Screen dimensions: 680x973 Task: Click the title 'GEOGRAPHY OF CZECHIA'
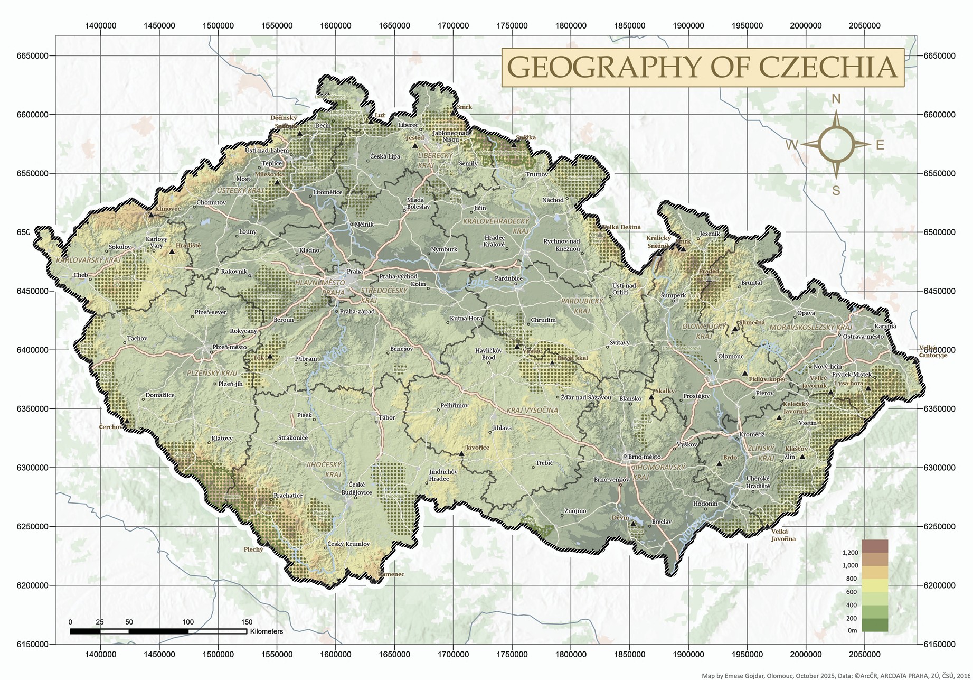tap(702, 67)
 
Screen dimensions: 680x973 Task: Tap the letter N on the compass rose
tap(836, 99)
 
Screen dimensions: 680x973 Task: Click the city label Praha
tap(354, 272)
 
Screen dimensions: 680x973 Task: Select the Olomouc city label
tap(731, 357)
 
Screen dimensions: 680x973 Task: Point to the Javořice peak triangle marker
tap(461, 454)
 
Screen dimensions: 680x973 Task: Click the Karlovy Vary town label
tap(156, 243)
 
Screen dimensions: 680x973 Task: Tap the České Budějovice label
tap(357, 489)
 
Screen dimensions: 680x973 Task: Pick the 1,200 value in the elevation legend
tap(850, 553)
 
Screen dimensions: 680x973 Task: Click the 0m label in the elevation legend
tap(852, 630)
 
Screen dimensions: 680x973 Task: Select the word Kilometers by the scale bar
tap(267, 631)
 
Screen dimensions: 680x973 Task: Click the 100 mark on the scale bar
tap(188, 622)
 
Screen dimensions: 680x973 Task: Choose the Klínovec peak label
tap(168, 209)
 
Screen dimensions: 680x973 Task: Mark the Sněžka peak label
tap(526, 138)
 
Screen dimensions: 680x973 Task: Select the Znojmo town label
tap(575, 511)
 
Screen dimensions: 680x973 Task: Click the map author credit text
tap(836, 675)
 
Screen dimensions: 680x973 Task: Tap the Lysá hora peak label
tap(849, 384)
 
